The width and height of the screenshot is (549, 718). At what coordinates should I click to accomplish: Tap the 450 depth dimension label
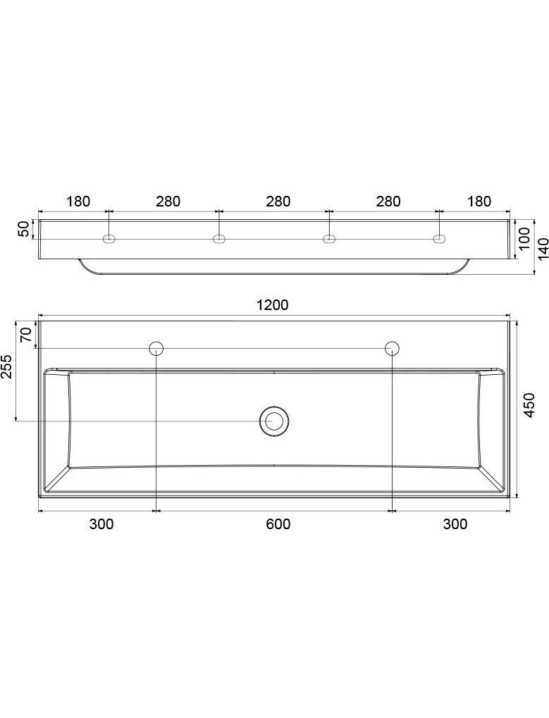pos(529,404)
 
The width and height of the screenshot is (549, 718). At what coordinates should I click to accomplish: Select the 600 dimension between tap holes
pos(278,524)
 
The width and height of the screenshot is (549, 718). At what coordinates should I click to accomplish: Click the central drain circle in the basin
pos(274,421)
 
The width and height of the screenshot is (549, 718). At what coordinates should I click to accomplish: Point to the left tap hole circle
pos(156,349)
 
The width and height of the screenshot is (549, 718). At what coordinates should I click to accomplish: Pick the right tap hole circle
pos(393,349)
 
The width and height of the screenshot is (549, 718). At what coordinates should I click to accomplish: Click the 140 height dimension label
pos(543,249)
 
